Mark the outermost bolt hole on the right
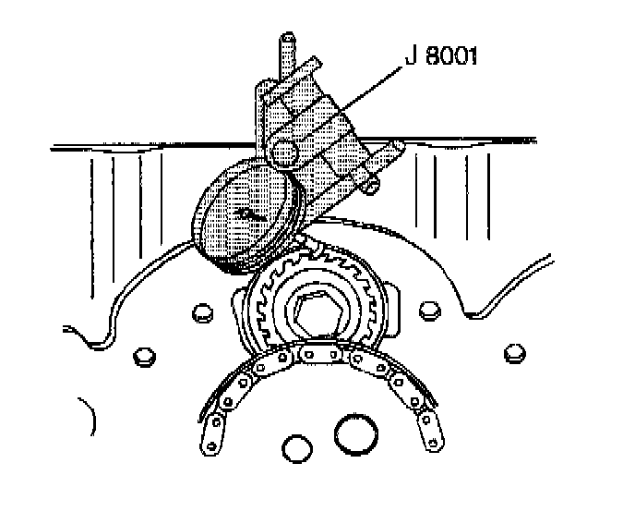[x=514, y=353]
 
